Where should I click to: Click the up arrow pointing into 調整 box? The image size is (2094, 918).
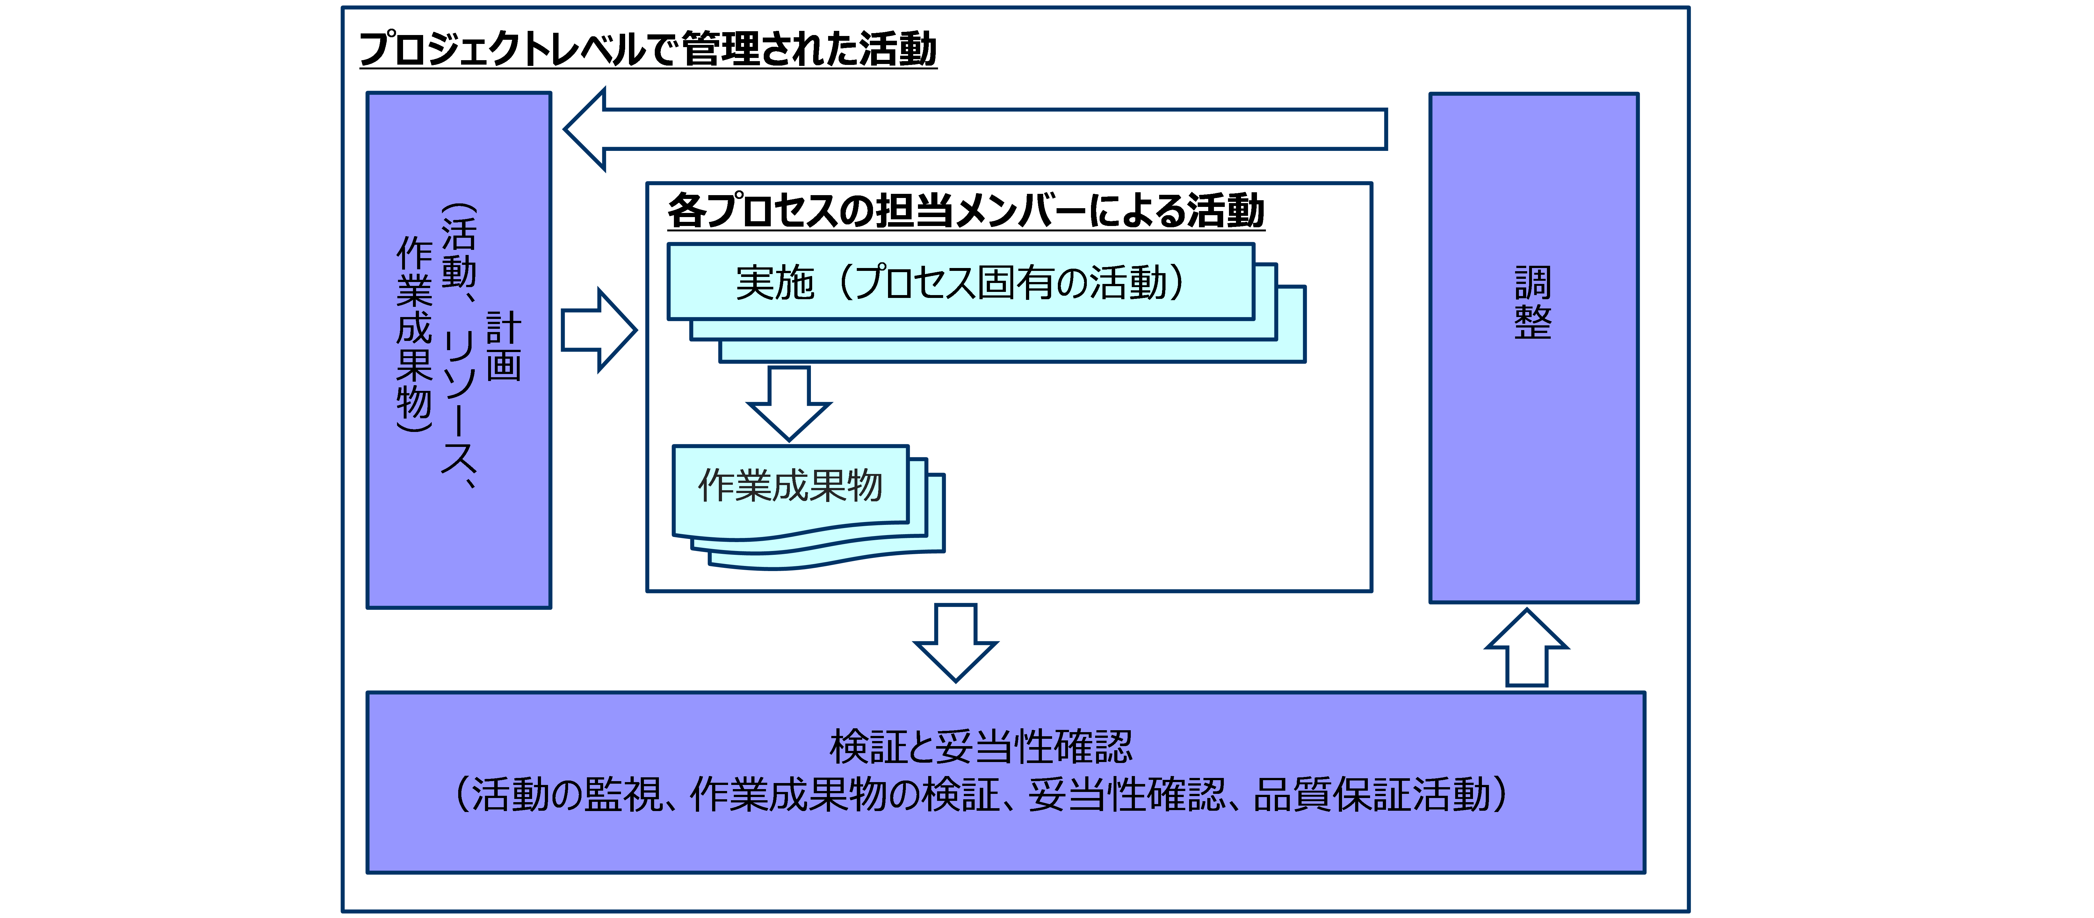point(1527,647)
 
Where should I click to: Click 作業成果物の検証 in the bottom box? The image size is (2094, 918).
point(845,794)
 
